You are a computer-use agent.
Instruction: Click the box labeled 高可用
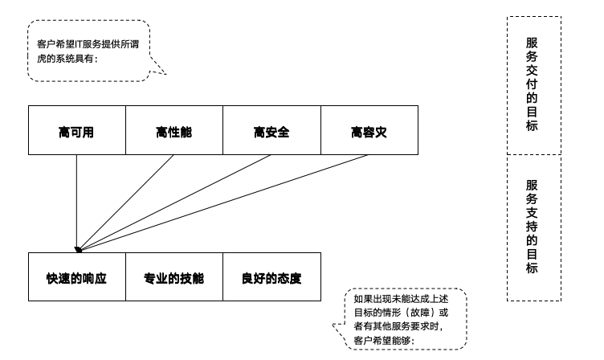76,130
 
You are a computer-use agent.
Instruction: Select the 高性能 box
173,130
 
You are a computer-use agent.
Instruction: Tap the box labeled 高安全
271,130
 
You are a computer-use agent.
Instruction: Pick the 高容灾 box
369,130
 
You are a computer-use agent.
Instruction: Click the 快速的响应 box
76,277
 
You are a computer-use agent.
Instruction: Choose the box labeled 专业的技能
173,277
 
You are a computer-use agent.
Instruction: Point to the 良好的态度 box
271,277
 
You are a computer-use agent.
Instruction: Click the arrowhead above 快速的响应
78,249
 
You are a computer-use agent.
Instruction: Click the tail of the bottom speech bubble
338,326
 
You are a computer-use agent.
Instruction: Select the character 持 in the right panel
532,227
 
